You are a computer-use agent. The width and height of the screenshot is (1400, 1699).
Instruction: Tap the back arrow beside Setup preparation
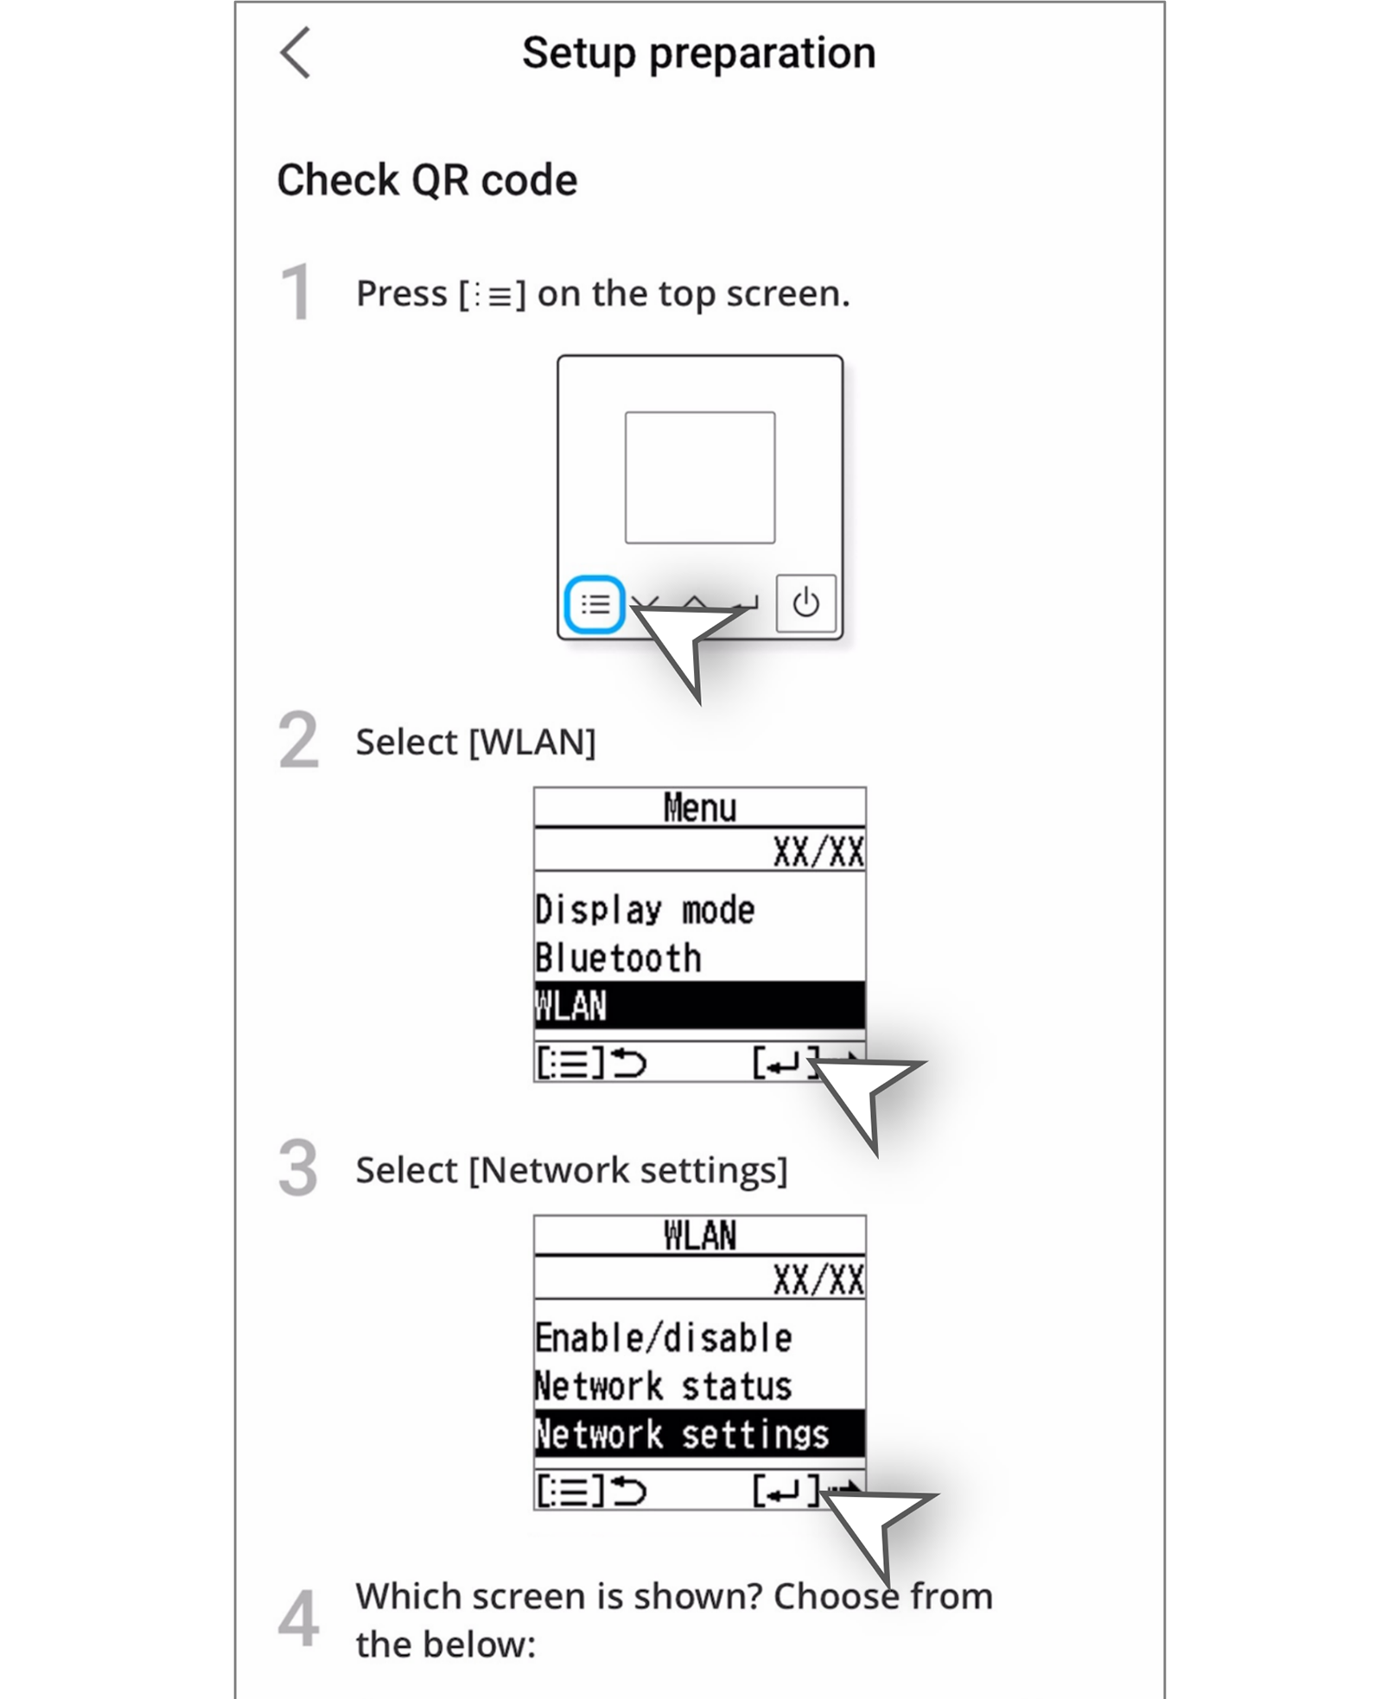(x=296, y=54)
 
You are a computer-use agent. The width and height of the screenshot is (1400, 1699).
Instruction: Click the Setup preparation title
(x=698, y=54)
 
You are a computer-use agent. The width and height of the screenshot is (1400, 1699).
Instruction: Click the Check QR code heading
(x=427, y=181)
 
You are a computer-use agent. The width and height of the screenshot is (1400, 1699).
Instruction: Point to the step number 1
(x=296, y=293)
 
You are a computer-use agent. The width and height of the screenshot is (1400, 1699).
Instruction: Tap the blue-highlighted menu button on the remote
(x=595, y=604)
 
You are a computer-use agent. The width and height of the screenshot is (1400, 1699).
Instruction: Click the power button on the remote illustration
(x=805, y=603)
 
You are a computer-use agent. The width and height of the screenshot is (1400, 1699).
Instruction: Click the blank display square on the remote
(x=700, y=478)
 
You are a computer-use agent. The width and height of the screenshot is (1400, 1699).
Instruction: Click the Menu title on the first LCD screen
(x=700, y=808)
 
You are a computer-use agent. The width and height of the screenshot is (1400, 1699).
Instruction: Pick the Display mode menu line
(x=645, y=910)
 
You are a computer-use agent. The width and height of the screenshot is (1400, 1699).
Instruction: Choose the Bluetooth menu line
(x=618, y=958)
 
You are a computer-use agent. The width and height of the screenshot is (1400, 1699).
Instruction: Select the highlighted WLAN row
(x=698, y=1006)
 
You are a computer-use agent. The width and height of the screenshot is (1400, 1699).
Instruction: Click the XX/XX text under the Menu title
(x=818, y=852)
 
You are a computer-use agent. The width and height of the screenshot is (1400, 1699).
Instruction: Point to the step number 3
(x=298, y=1168)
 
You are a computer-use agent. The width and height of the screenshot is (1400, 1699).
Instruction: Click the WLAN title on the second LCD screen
(x=700, y=1236)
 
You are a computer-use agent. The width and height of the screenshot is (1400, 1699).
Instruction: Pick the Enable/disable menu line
(x=663, y=1338)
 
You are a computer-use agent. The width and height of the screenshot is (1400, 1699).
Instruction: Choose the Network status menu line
(x=663, y=1386)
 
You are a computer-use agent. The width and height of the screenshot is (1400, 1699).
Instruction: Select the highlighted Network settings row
(x=698, y=1435)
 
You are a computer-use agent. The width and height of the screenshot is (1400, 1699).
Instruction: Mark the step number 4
(x=298, y=1619)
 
